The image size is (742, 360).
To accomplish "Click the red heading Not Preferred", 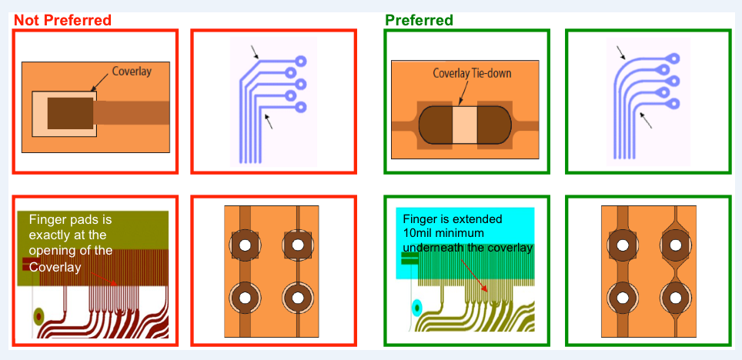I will (62, 19).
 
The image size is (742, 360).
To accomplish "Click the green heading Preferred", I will (419, 19).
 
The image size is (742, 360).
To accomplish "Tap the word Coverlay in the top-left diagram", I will (132, 72).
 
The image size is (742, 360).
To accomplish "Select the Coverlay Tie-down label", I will (472, 74).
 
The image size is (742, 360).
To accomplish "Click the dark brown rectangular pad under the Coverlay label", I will (70, 112).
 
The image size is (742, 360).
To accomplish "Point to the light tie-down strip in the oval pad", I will (464, 126).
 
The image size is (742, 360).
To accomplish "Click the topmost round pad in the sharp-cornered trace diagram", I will (301, 61).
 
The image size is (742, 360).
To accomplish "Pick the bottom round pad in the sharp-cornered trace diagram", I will (300, 107).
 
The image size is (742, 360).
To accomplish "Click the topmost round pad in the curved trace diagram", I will (673, 58).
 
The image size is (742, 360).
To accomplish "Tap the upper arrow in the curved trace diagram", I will (621, 53).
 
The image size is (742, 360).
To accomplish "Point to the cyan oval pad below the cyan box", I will (416, 308).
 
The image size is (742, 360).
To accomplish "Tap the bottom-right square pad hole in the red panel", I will (298, 296).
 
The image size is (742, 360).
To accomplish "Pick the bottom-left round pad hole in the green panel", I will (620, 296).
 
